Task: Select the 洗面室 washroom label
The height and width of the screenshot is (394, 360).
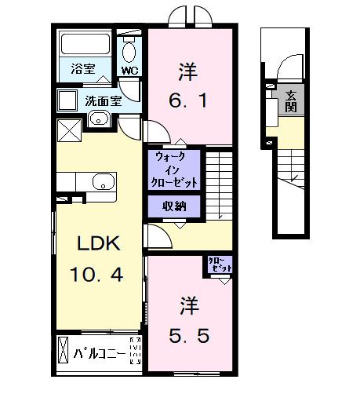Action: point(102,100)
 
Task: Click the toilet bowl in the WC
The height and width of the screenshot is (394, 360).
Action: point(129,52)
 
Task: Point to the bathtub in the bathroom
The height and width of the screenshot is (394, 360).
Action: point(85,46)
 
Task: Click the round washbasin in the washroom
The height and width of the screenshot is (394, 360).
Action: point(99,119)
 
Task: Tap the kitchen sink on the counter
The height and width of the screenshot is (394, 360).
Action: point(103,182)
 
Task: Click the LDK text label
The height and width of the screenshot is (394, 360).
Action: point(97,244)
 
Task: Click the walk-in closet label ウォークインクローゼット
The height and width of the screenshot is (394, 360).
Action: point(174,169)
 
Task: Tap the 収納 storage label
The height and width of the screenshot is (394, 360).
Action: point(174,207)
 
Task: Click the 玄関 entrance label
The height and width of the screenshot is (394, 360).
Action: point(291,101)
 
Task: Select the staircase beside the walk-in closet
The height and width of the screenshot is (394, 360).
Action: point(219,184)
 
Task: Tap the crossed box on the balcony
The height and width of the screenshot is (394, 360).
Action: point(63,352)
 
